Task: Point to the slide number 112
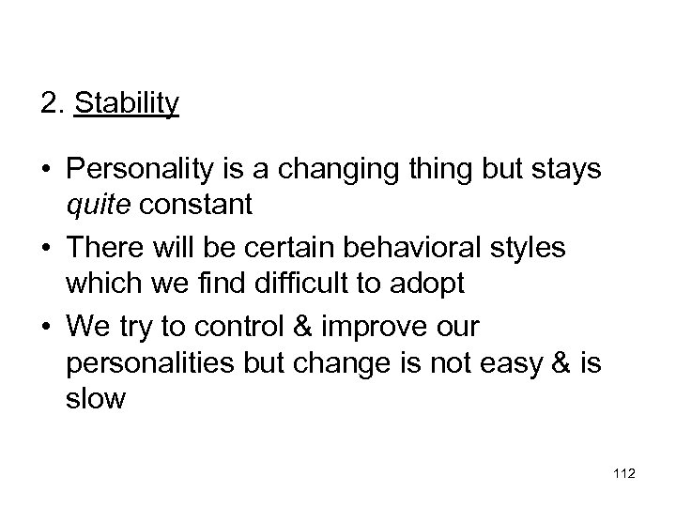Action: click(622, 475)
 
